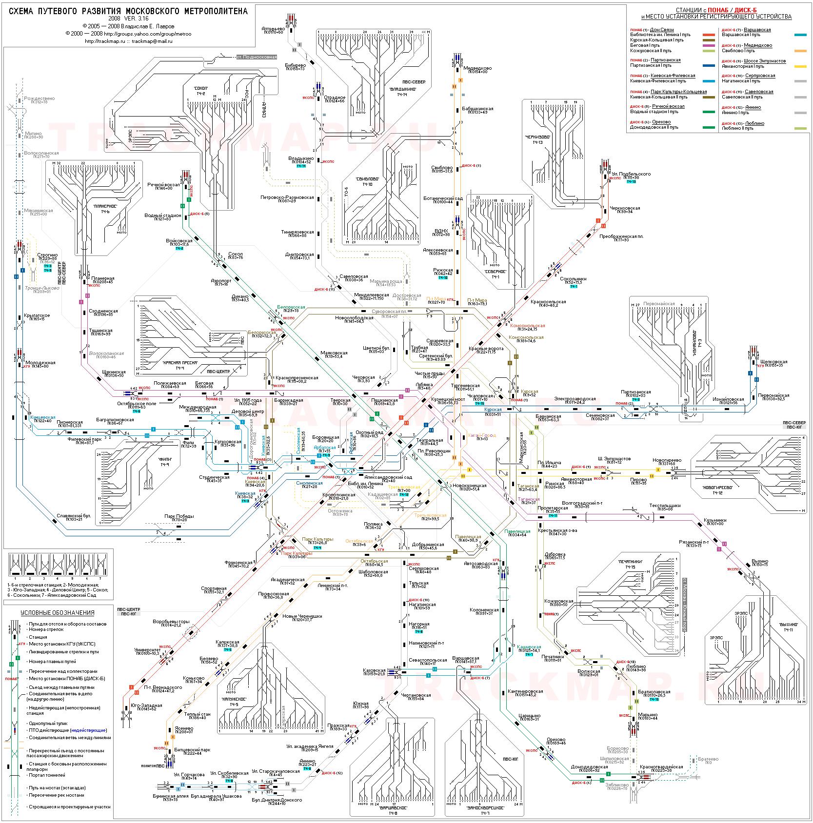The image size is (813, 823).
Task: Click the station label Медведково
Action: (477, 68)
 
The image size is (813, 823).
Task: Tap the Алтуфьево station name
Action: (272, 28)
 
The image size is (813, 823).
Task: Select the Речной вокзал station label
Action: (163, 185)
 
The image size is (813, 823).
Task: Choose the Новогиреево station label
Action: (667, 460)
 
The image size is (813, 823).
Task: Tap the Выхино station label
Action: (760, 561)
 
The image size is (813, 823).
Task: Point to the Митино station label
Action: (33, 134)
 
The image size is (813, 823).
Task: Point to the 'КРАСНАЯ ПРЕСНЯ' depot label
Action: (180, 363)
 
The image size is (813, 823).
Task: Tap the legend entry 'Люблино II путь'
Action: (737, 129)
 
